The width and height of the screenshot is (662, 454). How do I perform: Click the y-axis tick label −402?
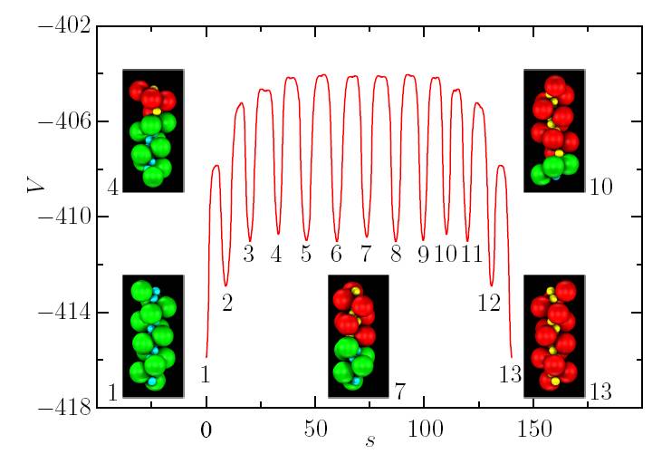(63, 25)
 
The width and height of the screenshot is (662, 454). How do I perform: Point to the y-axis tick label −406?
(63, 121)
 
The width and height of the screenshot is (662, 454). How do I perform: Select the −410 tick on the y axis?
(63, 217)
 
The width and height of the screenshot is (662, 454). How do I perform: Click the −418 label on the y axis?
(63, 409)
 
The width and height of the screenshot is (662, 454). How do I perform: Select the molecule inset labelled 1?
(153, 335)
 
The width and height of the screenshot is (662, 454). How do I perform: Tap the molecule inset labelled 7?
(358, 335)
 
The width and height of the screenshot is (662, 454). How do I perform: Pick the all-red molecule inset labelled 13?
(554, 335)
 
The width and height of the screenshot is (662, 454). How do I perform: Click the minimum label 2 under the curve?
(227, 304)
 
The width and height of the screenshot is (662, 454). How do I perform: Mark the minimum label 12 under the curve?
(489, 304)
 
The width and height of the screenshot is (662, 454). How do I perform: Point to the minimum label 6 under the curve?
(336, 254)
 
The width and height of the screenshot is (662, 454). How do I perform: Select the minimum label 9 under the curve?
(422, 254)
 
